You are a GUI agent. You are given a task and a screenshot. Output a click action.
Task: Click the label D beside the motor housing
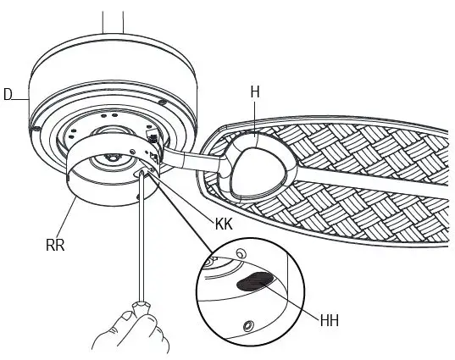point(8,95)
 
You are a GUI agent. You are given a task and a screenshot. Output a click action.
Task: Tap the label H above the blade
point(254,91)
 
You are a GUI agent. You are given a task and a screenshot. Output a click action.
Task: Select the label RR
point(56,246)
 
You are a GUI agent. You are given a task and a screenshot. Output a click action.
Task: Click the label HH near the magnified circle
point(329,320)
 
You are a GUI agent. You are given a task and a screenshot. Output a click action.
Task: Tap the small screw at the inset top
point(242,253)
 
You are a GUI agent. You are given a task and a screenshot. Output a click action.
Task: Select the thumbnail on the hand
point(128,316)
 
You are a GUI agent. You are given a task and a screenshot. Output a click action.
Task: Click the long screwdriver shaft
point(141,237)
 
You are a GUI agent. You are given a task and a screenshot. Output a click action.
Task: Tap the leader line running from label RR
point(68,222)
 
